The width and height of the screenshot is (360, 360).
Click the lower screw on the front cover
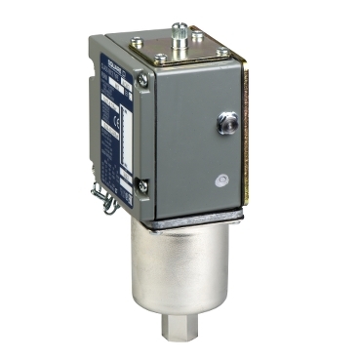point(141,183)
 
